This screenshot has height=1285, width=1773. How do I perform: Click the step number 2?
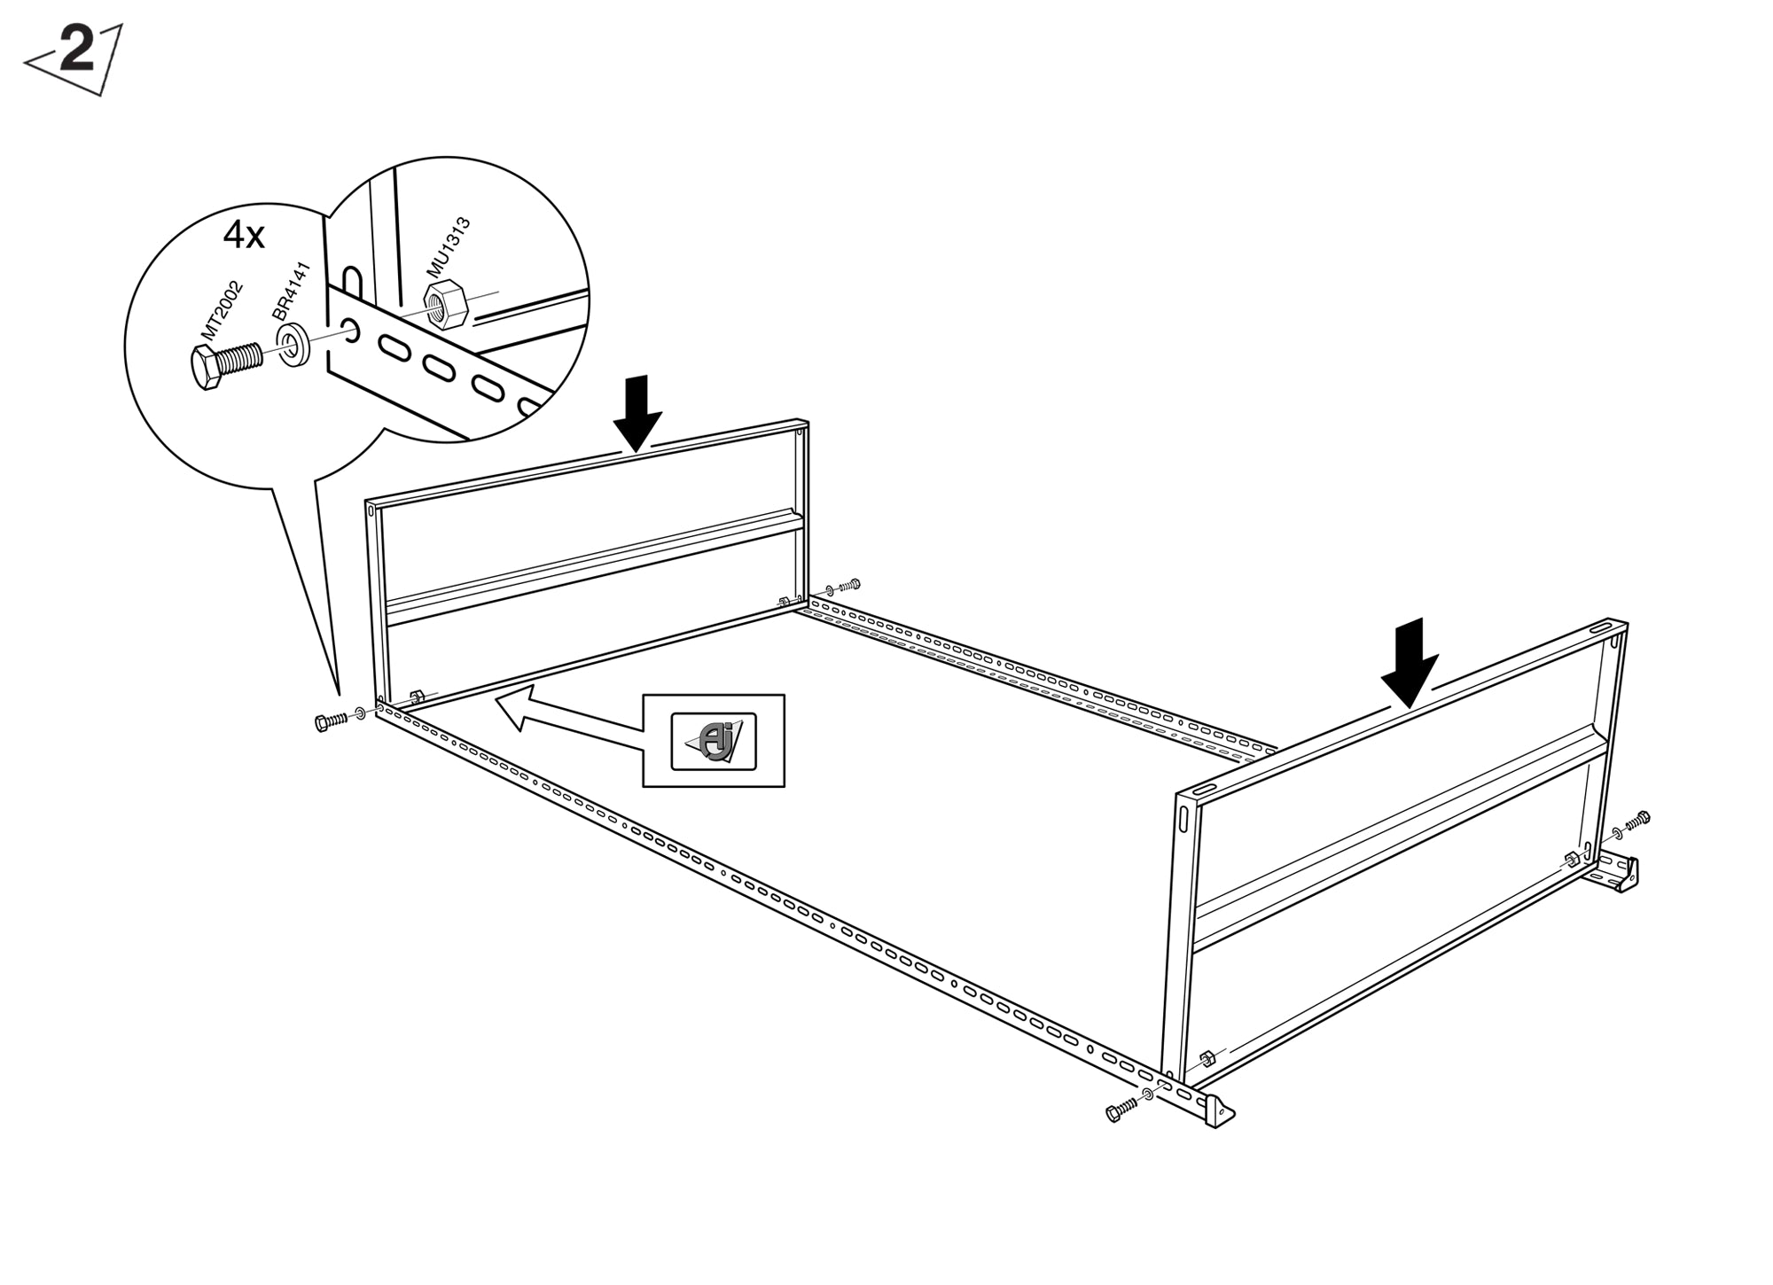[77, 50]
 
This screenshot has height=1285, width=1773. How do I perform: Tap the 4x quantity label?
[244, 236]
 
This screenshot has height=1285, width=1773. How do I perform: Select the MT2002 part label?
[222, 309]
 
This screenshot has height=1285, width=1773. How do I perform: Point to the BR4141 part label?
[292, 292]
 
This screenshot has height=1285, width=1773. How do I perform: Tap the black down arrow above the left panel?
[637, 413]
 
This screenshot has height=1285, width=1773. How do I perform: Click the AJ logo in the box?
[714, 741]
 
